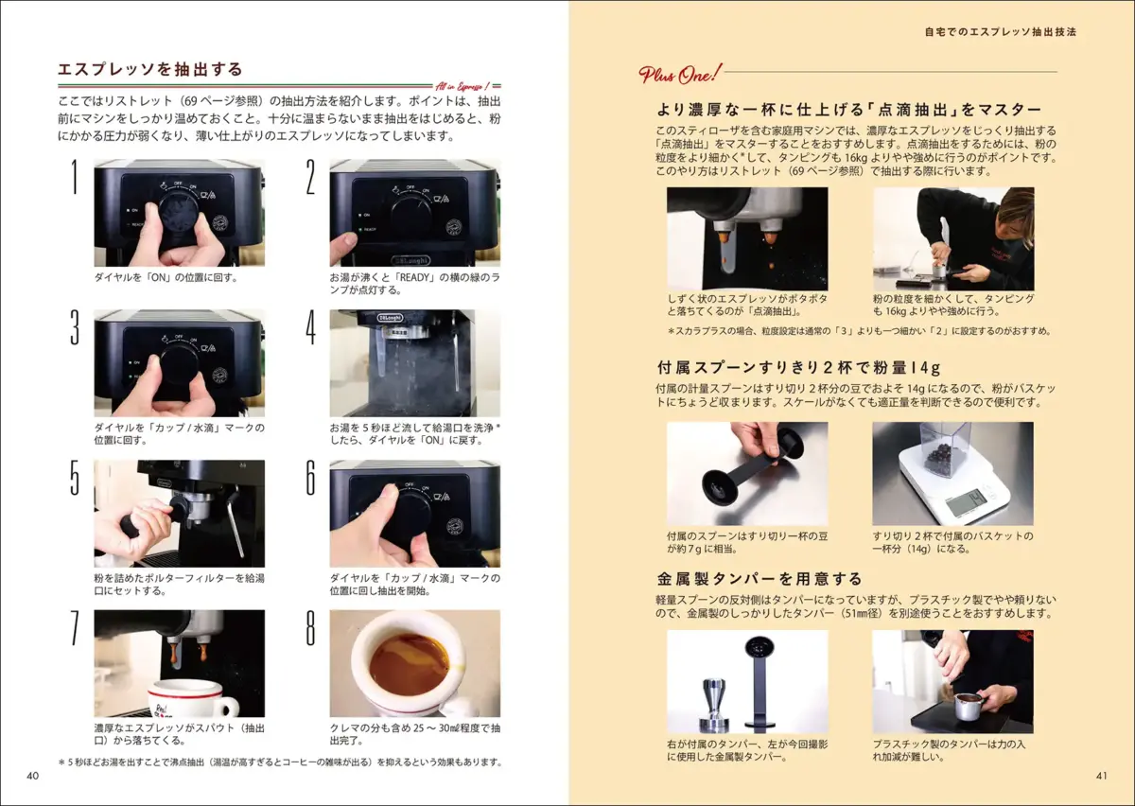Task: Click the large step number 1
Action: pyautogui.click(x=75, y=176)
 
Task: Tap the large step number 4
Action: pyautogui.click(x=310, y=327)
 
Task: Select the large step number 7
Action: pyautogui.click(x=75, y=627)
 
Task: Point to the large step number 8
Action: pyautogui.click(x=310, y=627)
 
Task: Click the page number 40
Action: pyautogui.click(x=32, y=776)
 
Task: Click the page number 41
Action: pyautogui.click(x=1102, y=776)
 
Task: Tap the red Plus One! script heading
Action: pyautogui.click(x=679, y=75)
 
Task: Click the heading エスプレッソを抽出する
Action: pyautogui.click(x=150, y=69)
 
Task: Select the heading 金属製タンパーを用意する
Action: pyautogui.click(x=760, y=578)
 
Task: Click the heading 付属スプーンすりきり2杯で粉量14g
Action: pyautogui.click(x=799, y=367)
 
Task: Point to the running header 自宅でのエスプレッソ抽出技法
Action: pyautogui.click(x=1001, y=31)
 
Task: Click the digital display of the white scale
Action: pyautogui.click(x=968, y=501)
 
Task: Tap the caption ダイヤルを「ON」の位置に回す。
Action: pyautogui.click(x=166, y=278)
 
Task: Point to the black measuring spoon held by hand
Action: pyautogui.click(x=751, y=470)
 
